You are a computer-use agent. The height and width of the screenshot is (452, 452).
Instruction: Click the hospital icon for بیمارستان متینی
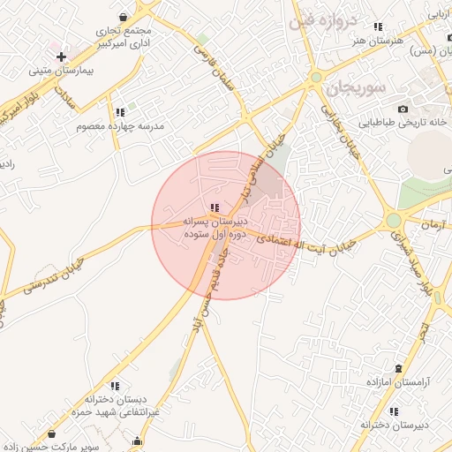[x=61, y=56]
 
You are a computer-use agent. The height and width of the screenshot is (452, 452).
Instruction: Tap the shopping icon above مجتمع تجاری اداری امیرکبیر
[x=123, y=17]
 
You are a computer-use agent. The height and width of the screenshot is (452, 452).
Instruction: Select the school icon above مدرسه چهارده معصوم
[x=119, y=112]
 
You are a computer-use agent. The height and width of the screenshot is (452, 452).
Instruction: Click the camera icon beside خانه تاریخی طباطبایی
[x=403, y=109]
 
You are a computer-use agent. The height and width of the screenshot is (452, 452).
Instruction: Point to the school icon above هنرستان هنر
[x=379, y=27]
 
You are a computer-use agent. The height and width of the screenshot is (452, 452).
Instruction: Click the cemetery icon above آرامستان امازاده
[x=399, y=367]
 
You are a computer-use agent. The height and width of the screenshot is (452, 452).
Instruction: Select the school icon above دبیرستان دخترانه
[x=395, y=411]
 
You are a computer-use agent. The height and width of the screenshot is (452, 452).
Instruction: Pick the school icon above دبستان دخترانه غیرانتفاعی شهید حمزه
[x=116, y=386]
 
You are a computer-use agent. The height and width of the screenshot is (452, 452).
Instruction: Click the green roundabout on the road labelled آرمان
[x=394, y=220]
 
